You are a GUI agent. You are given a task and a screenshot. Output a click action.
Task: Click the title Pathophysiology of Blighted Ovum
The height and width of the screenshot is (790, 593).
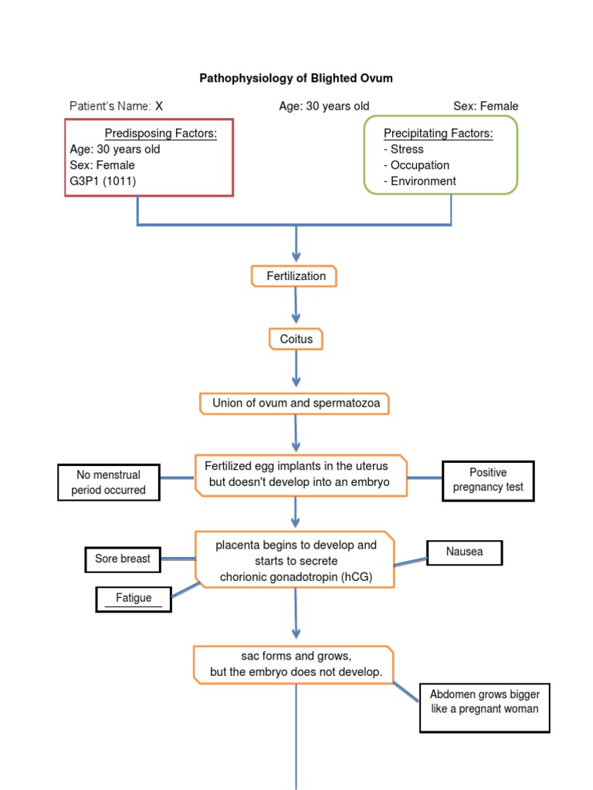(296, 78)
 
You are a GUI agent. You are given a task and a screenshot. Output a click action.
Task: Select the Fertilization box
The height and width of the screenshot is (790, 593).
(294, 276)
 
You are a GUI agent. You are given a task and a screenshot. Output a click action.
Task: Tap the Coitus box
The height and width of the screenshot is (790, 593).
(296, 339)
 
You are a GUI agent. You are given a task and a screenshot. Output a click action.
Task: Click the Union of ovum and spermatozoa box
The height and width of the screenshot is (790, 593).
(296, 403)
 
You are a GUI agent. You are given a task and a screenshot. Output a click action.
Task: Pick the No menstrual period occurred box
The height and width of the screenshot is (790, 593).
(109, 482)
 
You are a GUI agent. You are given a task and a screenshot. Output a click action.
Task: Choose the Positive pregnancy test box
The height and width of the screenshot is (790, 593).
(488, 480)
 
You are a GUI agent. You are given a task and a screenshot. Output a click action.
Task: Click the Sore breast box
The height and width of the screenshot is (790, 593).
(123, 559)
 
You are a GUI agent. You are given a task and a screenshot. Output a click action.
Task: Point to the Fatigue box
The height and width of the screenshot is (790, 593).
(134, 598)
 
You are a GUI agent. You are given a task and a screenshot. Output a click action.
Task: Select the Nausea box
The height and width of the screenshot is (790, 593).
(464, 552)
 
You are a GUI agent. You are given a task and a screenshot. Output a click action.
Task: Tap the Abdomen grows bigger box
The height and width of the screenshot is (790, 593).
(485, 702)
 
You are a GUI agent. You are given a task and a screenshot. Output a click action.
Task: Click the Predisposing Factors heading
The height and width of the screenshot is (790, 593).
(161, 133)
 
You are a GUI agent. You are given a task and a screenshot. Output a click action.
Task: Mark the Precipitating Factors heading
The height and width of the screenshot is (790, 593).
(438, 133)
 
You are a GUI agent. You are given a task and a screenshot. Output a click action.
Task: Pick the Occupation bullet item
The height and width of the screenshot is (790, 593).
(416, 165)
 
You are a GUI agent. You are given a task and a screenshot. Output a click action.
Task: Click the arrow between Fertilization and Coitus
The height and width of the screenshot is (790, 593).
(296, 307)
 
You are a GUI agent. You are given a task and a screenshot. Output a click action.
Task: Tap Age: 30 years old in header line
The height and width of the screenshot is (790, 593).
(324, 106)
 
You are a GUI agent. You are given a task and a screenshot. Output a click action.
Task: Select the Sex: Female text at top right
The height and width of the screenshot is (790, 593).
(486, 106)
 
